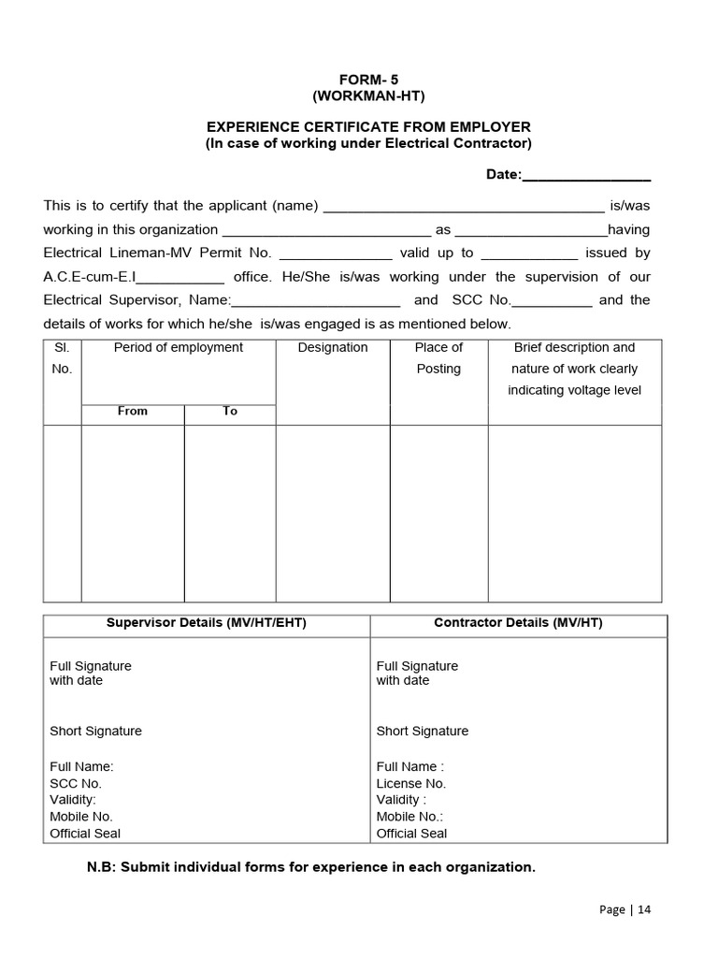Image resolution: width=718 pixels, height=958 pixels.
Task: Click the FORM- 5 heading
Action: [x=368, y=80]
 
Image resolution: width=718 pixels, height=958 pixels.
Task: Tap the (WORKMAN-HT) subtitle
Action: [x=368, y=96]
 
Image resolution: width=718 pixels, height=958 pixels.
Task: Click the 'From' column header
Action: [x=133, y=411]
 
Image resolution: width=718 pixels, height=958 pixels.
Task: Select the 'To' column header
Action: [x=230, y=411]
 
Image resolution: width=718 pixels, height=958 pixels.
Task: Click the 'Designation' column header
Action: [x=333, y=348]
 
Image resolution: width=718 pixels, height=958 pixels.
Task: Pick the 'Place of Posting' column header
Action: [x=438, y=357]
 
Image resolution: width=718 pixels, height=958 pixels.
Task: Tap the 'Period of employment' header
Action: [x=179, y=348]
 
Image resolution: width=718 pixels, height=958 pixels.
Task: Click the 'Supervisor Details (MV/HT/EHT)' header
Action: [x=207, y=623]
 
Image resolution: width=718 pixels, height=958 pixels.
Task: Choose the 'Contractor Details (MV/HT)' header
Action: [x=518, y=623]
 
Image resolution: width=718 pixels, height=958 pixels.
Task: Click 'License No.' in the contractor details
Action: [x=411, y=784]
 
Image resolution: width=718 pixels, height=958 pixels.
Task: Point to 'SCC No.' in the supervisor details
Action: [x=76, y=784]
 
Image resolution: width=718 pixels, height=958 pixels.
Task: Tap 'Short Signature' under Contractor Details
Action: [x=423, y=732]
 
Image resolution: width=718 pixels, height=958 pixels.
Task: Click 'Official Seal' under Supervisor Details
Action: [x=85, y=834]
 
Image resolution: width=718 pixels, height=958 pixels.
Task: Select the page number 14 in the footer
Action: [x=645, y=910]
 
